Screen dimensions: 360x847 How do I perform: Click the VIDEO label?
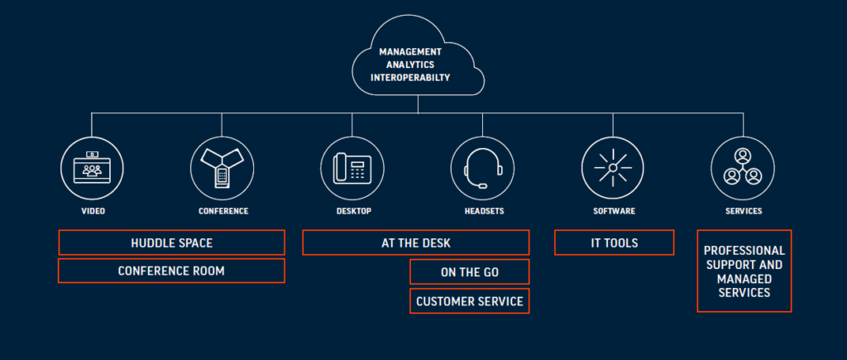(93, 211)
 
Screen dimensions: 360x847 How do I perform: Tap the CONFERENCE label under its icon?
(223, 211)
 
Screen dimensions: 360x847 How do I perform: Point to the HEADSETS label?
(484, 211)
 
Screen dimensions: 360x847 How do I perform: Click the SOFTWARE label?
(614, 211)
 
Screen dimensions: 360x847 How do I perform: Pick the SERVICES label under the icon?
(744, 211)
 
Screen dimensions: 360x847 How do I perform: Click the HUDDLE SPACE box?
(171, 242)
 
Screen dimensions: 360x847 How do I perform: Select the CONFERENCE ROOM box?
(171, 271)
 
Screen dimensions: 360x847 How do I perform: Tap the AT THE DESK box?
(415, 242)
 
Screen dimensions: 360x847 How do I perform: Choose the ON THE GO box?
(469, 271)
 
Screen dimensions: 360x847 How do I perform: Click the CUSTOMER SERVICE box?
(469, 301)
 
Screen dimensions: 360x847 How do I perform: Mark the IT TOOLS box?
(614, 242)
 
